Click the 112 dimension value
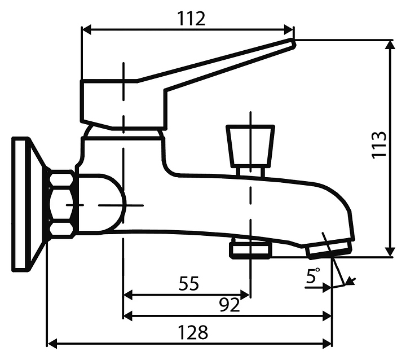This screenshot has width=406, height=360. (x=191, y=19)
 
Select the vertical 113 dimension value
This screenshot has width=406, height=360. (x=379, y=144)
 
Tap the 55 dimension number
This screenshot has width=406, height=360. (x=189, y=283)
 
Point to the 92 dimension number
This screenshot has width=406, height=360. (x=230, y=305)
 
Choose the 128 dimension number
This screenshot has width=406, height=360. (x=193, y=332)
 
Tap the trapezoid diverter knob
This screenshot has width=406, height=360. (x=250, y=145)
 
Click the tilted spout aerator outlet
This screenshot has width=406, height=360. (x=329, y=248)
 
